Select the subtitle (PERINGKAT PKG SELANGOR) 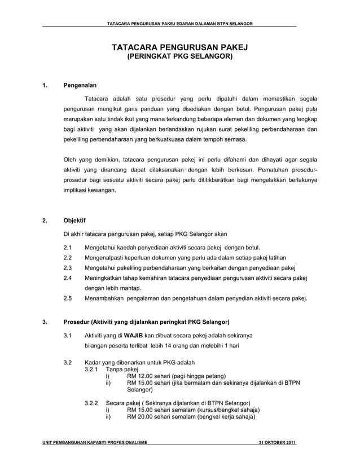click(x=179, y=57)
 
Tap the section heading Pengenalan click(x=80, y=86)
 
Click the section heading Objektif click(x=74, y=221)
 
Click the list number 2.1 click(x=68, y=247)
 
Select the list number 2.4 click(x=68, y=278)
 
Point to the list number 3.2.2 click(x=91, y=403)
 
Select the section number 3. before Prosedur click(x=45, y=322)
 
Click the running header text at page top click(x=179, y=23)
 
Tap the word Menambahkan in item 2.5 click(x=105, y=298)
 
